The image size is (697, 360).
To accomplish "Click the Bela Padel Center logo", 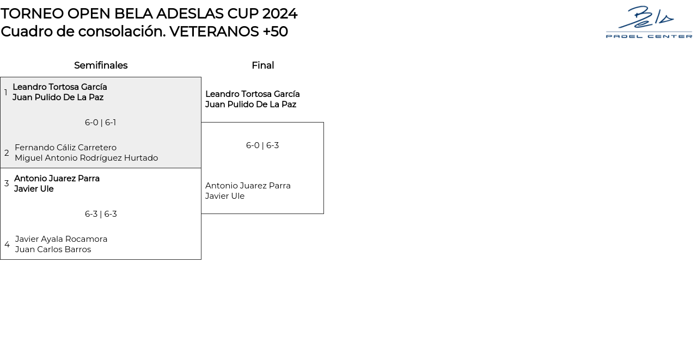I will coord(649,22).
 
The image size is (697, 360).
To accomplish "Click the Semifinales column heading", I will coord(101,65).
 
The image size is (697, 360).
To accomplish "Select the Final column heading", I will coord(262,65).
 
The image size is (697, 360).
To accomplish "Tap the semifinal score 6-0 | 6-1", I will coord(100,123).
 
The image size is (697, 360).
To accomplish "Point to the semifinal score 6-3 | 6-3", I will coord(101,214).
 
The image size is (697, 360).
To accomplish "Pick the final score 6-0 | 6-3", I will coord(262,145).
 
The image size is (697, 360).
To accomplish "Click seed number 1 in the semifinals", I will coord(6,93).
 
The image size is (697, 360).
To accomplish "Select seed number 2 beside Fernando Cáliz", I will coord(7,153).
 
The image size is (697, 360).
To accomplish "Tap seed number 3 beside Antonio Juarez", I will coord(7,184).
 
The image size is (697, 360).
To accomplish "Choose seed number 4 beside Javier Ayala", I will coord(7,245).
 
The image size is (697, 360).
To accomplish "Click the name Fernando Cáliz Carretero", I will coord(65,148).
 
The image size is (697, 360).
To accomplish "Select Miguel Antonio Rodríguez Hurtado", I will coord(86,158).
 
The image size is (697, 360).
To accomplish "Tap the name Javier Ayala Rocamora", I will coord(61,239).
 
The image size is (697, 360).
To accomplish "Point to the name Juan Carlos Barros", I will coord(53,249).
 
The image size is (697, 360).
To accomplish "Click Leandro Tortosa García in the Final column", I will coord(252,94).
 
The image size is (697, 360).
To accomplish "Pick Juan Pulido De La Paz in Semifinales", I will coord(58,97).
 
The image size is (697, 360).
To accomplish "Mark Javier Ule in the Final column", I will coord(224,196).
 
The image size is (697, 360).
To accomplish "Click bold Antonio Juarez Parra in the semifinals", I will coord(57,179).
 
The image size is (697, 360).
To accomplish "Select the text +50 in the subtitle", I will coord(275,32).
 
